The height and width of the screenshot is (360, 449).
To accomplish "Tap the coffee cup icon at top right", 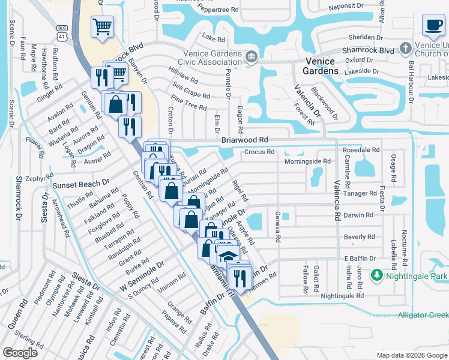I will tap(433, 25).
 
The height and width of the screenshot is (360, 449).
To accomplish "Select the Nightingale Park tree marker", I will tap(377, 275).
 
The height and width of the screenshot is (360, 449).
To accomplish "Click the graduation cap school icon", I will tap(228, 257).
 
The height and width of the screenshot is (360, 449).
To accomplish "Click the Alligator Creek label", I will tap(423, 315).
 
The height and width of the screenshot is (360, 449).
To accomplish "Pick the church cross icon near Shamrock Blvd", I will tap(406, 47).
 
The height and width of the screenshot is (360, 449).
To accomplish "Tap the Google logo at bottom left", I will tap(20, 353).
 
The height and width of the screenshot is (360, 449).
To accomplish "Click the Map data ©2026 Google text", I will tap(411, 355).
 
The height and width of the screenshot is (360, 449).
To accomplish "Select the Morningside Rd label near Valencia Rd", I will tap(308, 161).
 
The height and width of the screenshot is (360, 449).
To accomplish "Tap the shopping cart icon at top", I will tap(103, 26).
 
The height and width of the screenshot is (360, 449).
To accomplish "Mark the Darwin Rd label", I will tap(358, 214).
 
